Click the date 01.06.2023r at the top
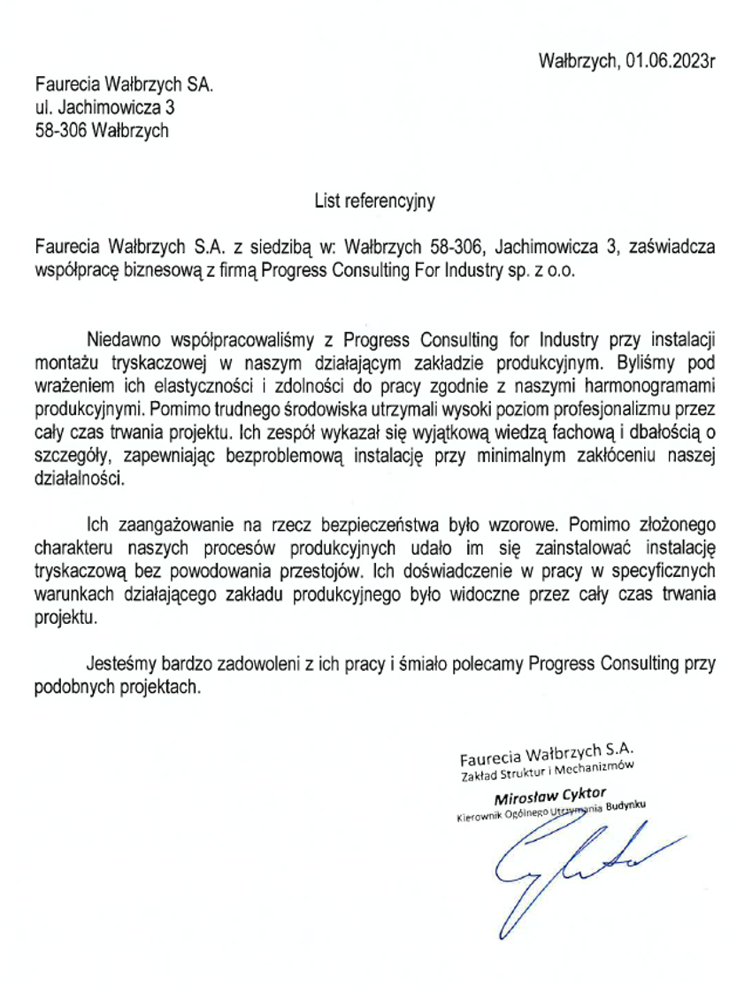[671, 60]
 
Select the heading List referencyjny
[375, 202]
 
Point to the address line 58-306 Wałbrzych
[101, 133]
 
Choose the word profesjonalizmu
[625, 410]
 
